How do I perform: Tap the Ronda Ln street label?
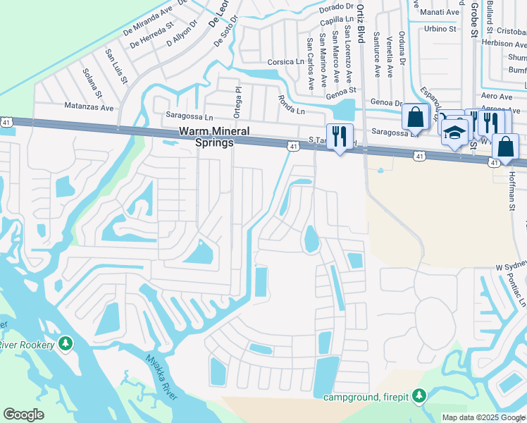click(291, 105)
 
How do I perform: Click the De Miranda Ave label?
click(148, 19)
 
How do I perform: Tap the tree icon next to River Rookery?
click(66, 343)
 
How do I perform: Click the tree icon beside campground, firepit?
click(419, 396)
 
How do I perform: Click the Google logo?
click(23, 415)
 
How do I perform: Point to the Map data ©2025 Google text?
click(483, 417)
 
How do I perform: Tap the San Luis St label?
click(116, 65)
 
